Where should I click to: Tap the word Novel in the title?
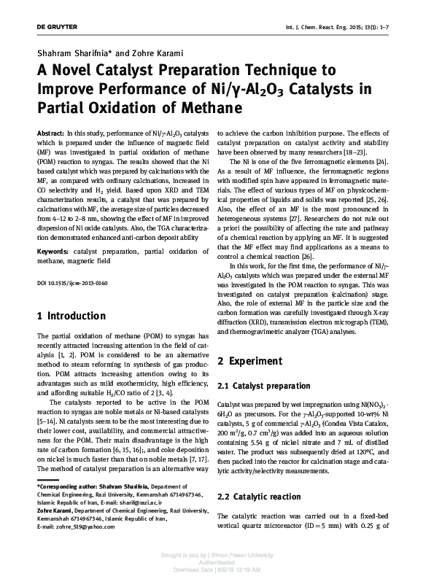point(75,71)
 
